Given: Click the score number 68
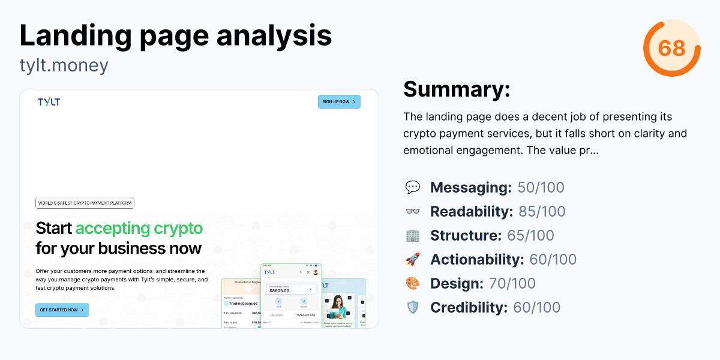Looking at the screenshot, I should [x=671, y=48].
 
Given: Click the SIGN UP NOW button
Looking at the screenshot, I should [x=339, y=102].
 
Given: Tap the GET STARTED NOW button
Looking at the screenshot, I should [x=62, y=310].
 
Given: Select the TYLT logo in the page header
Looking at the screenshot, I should [x=49, y=102].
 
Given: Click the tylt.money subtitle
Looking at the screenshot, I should [x=64, y=65].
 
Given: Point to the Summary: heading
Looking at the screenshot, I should [x=457, y=89].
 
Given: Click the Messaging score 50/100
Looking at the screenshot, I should [x=541, y=187].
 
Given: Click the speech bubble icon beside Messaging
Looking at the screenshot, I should [x=413, y=187].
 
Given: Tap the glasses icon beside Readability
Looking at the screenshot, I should [x=413, y=211].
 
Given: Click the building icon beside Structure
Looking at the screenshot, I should [x=413, y=235].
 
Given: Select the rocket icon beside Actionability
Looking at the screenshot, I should [x=413, y=259].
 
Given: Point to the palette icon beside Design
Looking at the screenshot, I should [x=413, y=283].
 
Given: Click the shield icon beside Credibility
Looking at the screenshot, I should [x=413, y=307].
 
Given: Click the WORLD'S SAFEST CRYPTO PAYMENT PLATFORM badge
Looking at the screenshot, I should [x=85, y=203].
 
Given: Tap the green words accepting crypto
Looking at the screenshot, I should [x=139, y=228].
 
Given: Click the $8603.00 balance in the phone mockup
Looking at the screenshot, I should [x=280, y=290].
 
